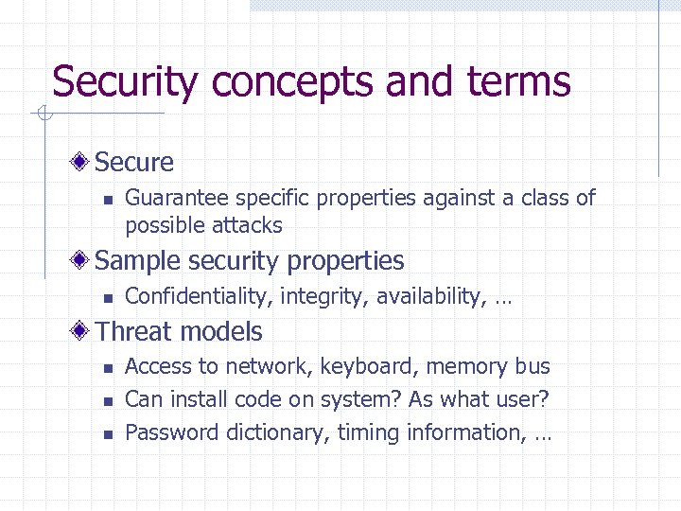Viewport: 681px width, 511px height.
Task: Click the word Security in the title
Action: click(x=124, y=81)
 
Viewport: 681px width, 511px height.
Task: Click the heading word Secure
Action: click(x=134, y=163)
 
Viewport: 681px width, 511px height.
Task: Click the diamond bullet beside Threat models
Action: click(x=83, y=331)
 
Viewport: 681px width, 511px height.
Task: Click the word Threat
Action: click(x=133, y=332)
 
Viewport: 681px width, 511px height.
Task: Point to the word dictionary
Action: click(x=269, y=432)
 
